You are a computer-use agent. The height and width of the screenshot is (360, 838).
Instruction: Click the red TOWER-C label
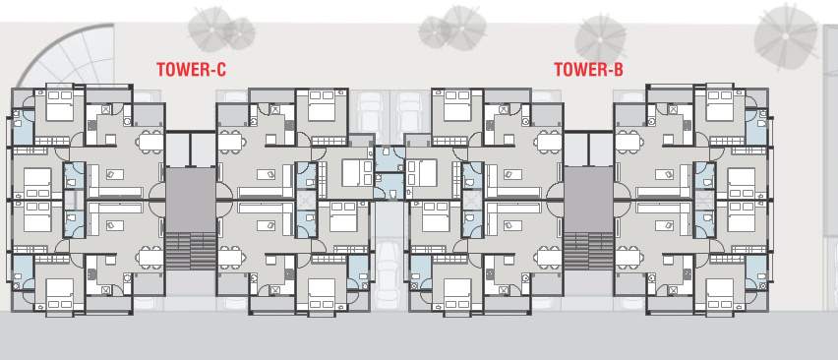[x=192, y=70]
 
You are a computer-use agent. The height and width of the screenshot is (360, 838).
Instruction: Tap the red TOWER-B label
[x=588, y=70]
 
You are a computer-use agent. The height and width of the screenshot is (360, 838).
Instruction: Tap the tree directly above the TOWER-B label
[x=600, y=36]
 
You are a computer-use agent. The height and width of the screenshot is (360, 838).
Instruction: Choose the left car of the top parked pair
[x=372, y=113]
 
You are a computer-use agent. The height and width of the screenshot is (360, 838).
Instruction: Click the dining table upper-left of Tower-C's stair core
[x=150, y=142]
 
